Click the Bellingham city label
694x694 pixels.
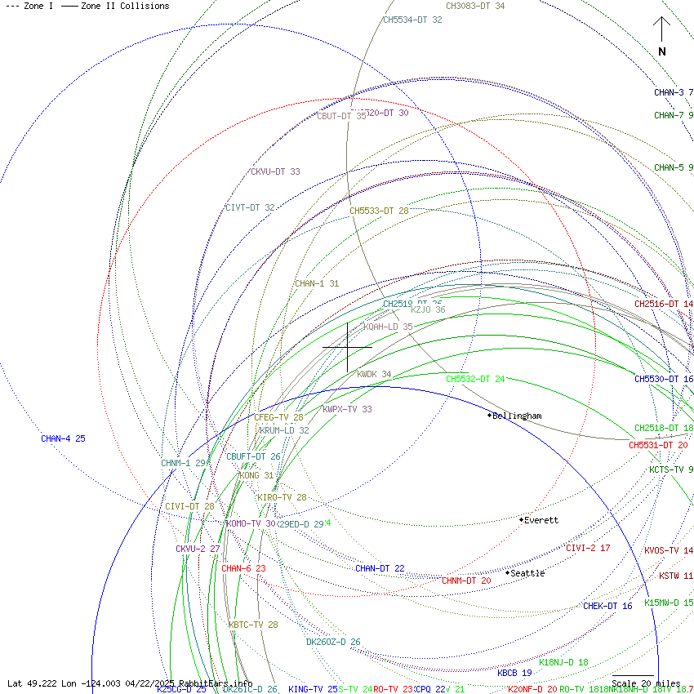click(516, 416)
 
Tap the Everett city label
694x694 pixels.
click(541, 520)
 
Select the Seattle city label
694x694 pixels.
click(527, 573)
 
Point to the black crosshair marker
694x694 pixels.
click(348, 347)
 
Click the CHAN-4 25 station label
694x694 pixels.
click(63, 439)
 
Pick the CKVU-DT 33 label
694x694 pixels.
click(275, 172)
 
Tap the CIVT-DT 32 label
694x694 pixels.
click(250, 208)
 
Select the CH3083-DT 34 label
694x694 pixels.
click(475, 6)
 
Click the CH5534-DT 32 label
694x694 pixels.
click(412, 20)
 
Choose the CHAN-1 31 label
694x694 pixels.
click(317, 284)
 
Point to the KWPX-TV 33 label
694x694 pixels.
click(347, 410)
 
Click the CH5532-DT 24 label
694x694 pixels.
click(475, 379)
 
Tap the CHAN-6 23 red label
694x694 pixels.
click(243, 568)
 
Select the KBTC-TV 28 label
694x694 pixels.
click(253, 625)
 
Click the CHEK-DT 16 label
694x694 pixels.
click(607, 607)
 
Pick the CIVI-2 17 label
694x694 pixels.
click(588, 548)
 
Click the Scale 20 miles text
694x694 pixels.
click(646, 683)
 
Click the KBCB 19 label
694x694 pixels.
click(514, 673)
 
